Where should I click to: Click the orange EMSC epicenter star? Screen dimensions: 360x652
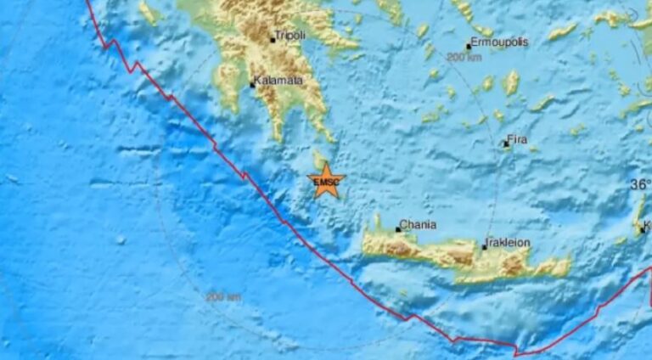[327, 180]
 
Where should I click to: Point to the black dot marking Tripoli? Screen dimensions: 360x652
[273, 39]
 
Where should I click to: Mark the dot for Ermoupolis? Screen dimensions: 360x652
[468, 47]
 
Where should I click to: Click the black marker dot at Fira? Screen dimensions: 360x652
[505, 144]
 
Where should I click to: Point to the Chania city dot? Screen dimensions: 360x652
[398, 229]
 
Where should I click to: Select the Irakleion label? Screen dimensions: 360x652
[509, 243]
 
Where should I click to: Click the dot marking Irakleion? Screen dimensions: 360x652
[485, 247]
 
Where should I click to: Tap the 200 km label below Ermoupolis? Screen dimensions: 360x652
[464, 57]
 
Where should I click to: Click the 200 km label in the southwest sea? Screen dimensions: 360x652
[223, 296]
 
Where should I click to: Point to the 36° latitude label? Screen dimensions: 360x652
[641, 184]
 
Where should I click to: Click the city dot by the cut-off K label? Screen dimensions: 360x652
[642, 229]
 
